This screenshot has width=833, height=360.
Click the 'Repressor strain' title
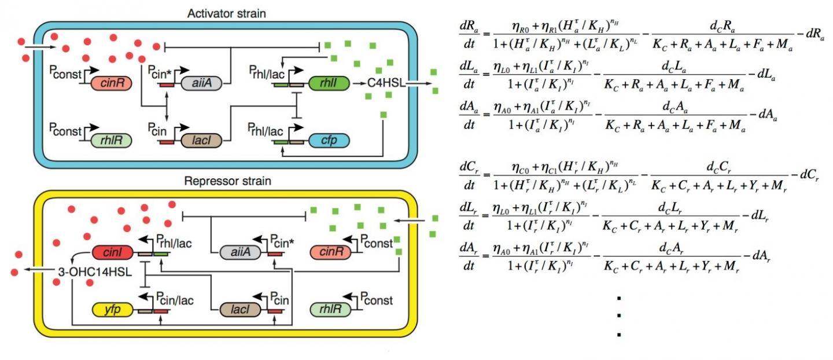(227, 181)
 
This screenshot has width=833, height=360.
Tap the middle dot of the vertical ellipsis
(619, 316)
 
